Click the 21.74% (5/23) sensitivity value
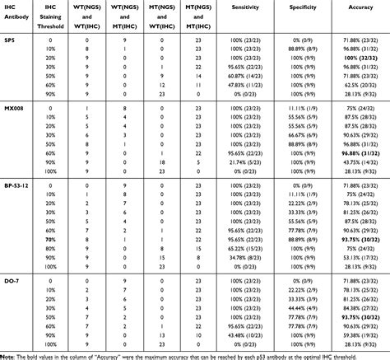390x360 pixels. pos(247,161)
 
